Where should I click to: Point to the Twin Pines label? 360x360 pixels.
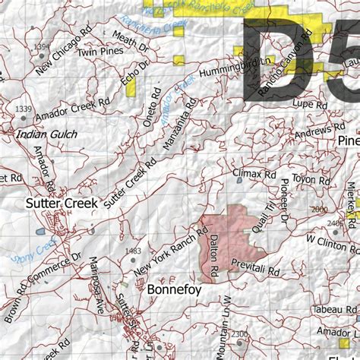click(x=100, y=52)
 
